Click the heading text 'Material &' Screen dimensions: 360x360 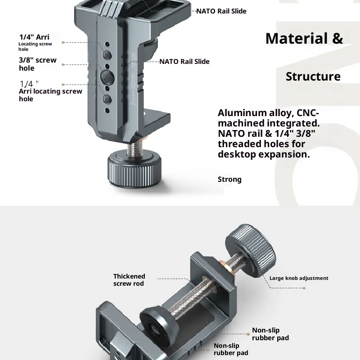(304, 39)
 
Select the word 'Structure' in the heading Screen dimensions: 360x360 (313, 76)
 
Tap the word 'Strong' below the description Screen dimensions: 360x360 (229, 180)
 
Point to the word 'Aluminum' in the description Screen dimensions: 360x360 (239, 113)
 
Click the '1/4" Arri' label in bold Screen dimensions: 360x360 (34, 37)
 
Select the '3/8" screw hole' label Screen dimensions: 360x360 (37, 64)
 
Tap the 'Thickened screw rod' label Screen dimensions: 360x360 (129, 280)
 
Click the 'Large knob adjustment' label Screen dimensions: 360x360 (299, 278)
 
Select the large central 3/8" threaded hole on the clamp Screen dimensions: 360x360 (107, 76)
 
